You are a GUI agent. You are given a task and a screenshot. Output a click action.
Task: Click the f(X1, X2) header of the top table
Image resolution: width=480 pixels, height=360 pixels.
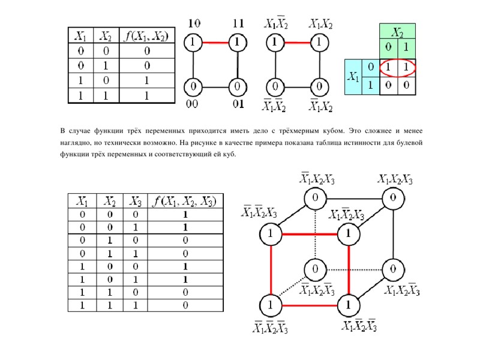[146, 37]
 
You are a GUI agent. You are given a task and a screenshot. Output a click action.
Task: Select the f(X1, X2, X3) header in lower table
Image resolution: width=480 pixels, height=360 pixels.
[186, 201]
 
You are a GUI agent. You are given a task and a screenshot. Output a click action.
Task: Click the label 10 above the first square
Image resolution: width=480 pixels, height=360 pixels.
[194, 25]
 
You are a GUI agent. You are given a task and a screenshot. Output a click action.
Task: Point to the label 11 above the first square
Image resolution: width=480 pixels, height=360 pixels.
[238, 25]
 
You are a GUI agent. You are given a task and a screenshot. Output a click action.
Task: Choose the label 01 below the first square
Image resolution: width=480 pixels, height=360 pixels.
[238, 104]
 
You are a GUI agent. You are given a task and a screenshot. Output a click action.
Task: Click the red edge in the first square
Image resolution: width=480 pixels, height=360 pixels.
[215, 43]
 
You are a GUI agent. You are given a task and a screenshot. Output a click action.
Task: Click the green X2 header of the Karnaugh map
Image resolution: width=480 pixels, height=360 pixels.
[397, 31]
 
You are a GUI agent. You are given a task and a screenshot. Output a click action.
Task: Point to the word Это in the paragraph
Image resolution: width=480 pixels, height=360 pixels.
[358, 130]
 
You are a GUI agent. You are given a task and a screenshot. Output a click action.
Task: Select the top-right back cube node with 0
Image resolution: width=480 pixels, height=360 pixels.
[392, 197]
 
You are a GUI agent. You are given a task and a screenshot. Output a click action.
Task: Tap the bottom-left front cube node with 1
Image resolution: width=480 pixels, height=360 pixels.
[271, 305]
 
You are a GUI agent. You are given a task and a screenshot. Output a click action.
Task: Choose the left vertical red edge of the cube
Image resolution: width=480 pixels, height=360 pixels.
[271, 269]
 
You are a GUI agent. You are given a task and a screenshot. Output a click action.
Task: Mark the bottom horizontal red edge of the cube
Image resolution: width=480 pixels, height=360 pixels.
[310, 305]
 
